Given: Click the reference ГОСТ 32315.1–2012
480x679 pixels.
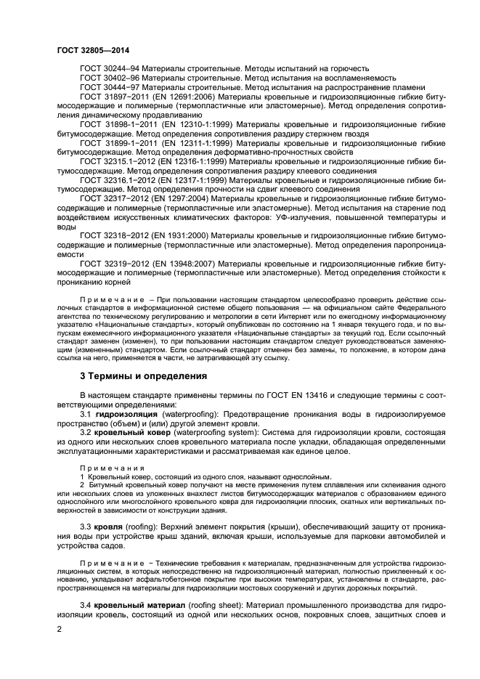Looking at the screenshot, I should tap(118, 162).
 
